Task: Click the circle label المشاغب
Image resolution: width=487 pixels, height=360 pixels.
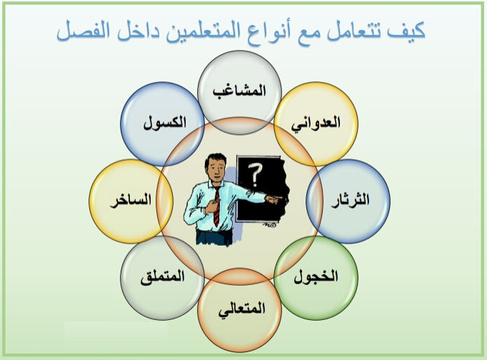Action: [239, 91]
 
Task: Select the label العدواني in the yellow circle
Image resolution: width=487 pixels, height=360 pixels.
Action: [316, 124]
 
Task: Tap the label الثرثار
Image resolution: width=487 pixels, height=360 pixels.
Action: [351, 200]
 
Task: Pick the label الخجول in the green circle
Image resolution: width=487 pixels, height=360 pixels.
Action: [316, 276]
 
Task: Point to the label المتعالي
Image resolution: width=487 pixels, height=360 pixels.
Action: [241, 309]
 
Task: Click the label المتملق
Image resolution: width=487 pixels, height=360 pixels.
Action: [162, 276]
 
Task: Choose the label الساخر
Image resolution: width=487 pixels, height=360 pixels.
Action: [131, 200]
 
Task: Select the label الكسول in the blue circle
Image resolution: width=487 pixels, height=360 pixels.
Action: [165, 123]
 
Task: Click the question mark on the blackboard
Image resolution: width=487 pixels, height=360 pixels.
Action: [256, 175]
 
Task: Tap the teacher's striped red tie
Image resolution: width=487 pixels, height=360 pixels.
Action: [217, 206]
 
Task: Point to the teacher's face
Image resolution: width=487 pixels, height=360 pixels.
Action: [216, 168]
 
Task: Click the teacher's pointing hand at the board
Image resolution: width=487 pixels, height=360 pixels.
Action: [274, 199]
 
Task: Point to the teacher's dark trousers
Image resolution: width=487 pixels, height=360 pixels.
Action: [214, 236]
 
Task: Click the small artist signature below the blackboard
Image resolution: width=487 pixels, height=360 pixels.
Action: [269, 225]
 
